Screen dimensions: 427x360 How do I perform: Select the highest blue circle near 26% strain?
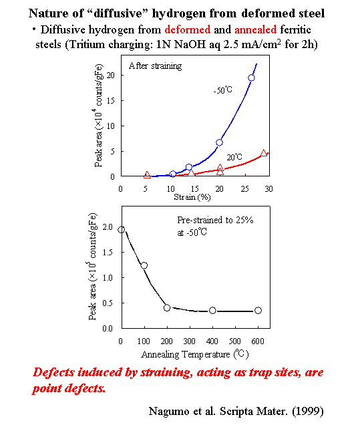(x=251, y=78)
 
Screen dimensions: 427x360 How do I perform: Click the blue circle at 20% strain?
(x=219, y=142)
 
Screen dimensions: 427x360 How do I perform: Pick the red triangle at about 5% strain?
(x=147, y=174)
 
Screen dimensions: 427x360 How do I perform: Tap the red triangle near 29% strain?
(x=264, y=153)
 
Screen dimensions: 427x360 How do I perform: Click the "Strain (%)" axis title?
(x=194, y=198)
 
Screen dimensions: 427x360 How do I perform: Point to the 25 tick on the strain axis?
(x=244, y=188)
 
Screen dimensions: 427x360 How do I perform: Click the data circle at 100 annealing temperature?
(x=144, y=265)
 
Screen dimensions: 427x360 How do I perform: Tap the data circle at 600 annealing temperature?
(x=258, y=310)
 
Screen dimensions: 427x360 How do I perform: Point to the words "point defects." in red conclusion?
(x=70, y=388)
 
